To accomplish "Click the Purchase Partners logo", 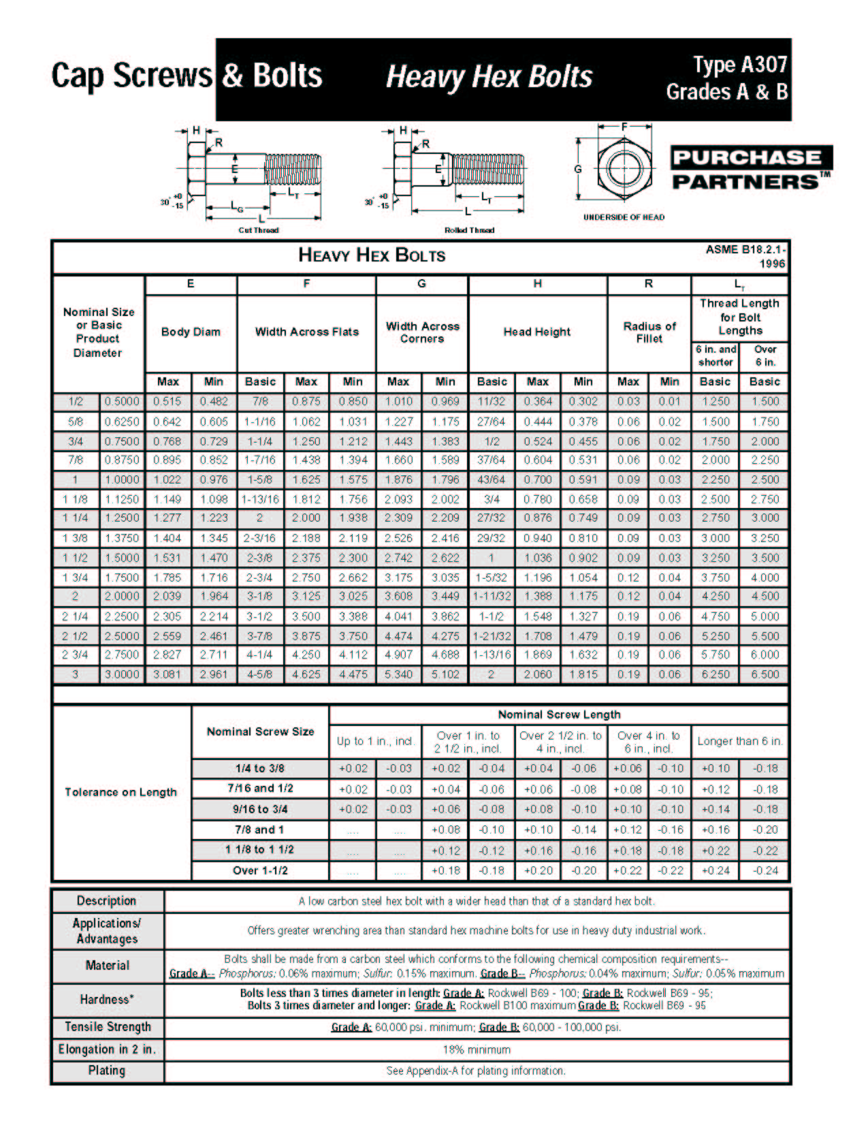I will coord(751,169).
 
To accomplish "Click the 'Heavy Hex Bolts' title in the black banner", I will coord(489,76).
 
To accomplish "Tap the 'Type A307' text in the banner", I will coord(740,65).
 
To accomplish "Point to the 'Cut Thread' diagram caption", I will coord(258,230).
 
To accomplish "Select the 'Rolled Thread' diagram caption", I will coord(469,230).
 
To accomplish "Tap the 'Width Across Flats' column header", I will coord(306,332).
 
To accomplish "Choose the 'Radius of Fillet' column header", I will coord(649,332).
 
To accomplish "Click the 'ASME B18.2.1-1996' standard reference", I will coord(745,256).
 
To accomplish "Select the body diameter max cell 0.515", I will coord(167,402).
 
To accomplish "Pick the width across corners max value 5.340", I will coord(398,674).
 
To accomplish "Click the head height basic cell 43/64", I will coord(492,479).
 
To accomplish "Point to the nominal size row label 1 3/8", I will coord(76,538).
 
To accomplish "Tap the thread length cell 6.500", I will coord(765,674).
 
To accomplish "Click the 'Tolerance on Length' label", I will coord(120,792).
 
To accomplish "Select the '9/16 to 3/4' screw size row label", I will coord(260,809).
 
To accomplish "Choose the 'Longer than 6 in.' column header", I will coord(739,741).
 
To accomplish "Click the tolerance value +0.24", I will coord(715,870).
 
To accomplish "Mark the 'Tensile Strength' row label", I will coord(108,1027).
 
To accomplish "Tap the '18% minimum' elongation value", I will coord(476,1049).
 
